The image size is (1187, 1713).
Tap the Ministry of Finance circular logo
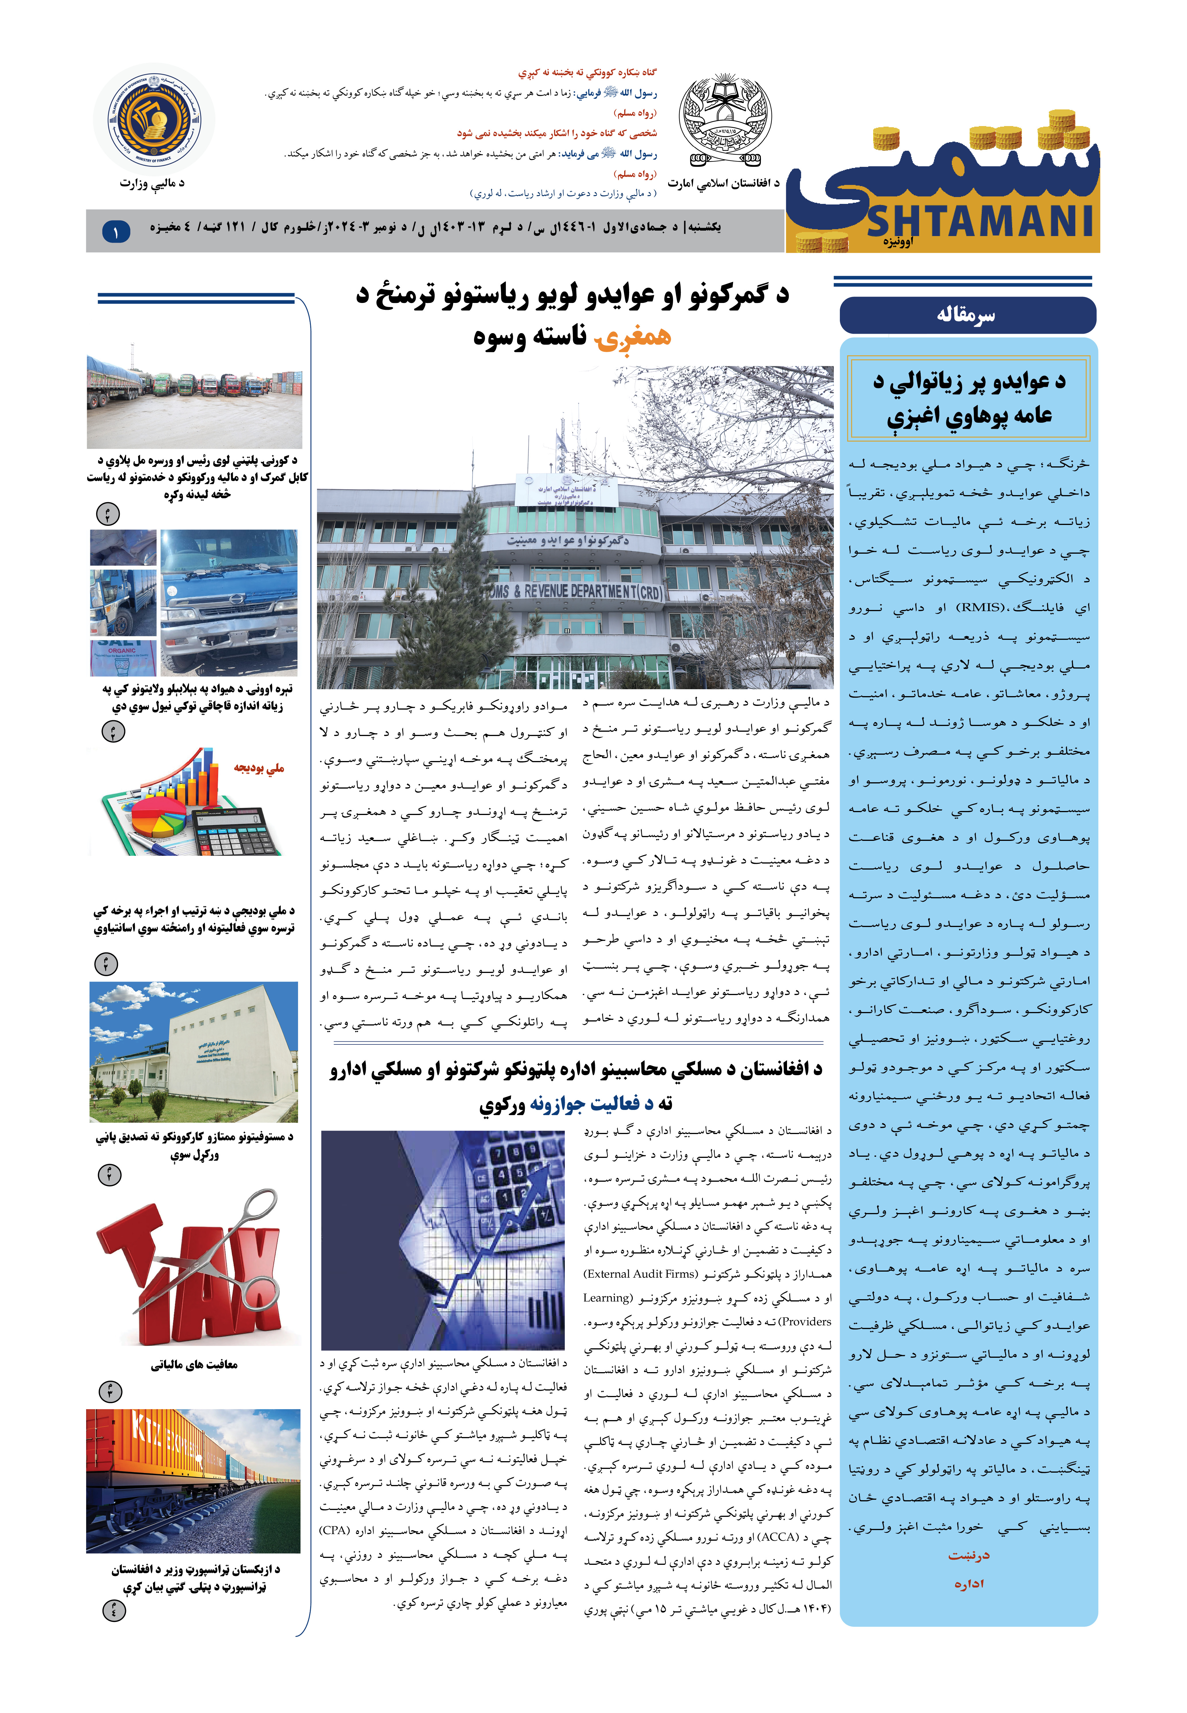pos(154,119)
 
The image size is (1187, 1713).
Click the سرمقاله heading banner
pos(967,315)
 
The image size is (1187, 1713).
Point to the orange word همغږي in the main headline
pos(632,337)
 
